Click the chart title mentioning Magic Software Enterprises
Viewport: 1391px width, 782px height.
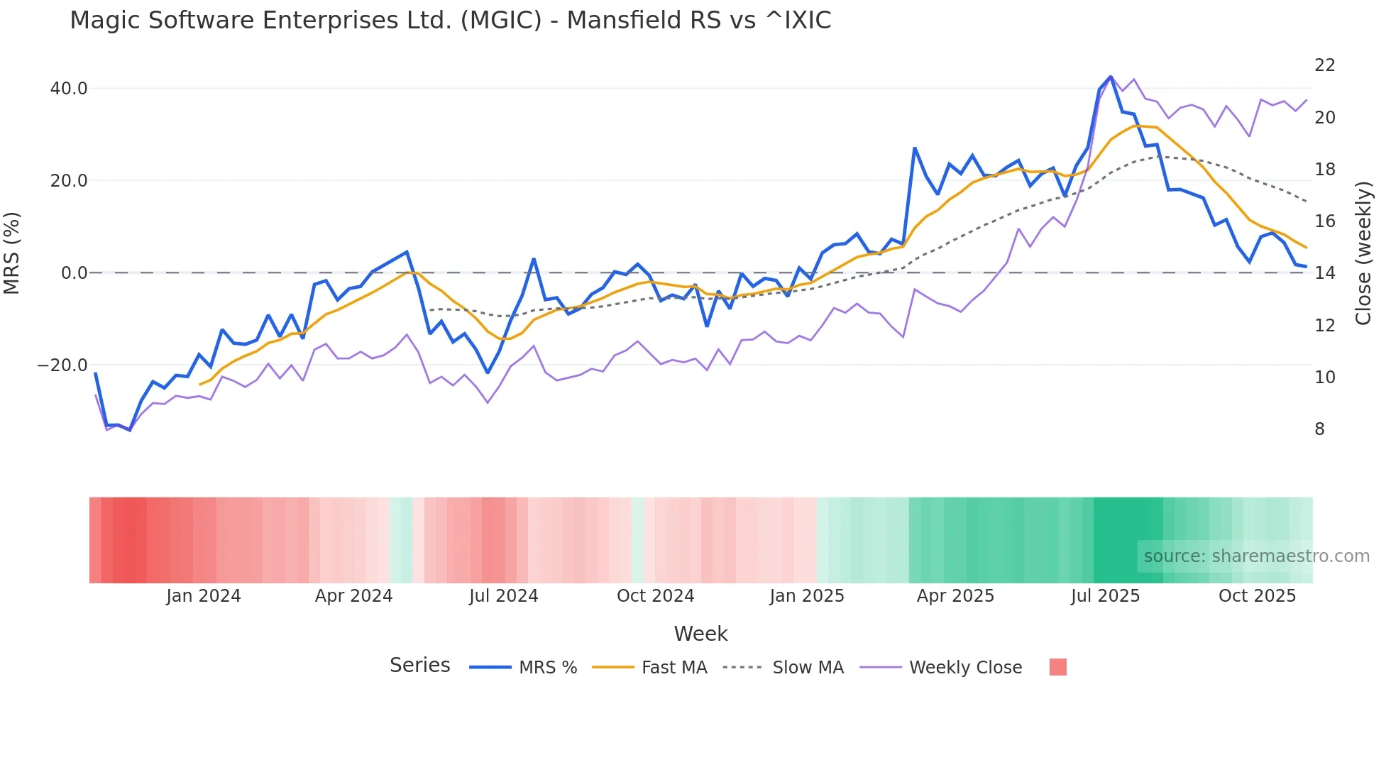(450, 21)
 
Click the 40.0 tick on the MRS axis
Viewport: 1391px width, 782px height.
(69, 89)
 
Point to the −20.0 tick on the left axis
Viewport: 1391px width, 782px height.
(62, 365)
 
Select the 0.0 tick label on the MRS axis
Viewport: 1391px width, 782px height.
(74, 273)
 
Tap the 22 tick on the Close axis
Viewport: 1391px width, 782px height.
(1324, 65)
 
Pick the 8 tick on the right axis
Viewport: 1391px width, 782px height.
(1319, 429)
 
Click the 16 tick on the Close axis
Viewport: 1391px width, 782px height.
(1324, 221)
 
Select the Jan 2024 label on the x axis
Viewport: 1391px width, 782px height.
(204, 596)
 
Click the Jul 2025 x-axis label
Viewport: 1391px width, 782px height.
(1105, 596)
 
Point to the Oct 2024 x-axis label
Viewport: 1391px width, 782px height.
(655, 596)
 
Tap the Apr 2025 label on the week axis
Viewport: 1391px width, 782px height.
(955, 596)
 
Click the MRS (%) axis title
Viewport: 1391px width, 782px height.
(12, 253)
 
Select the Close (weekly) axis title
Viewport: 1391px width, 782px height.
(1363, 253)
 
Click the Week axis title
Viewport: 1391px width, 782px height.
(700, 634)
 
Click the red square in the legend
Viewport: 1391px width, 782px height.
(1057, 667)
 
